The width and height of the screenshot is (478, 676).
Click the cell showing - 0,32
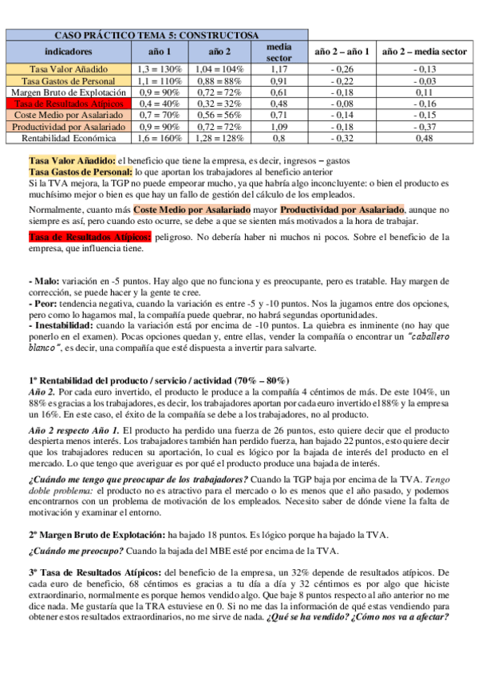[x=342, y=138]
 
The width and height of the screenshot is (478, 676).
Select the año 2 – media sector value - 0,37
[x=425, y=127]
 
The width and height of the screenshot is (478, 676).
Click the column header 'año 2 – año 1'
[x=342, y=52]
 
